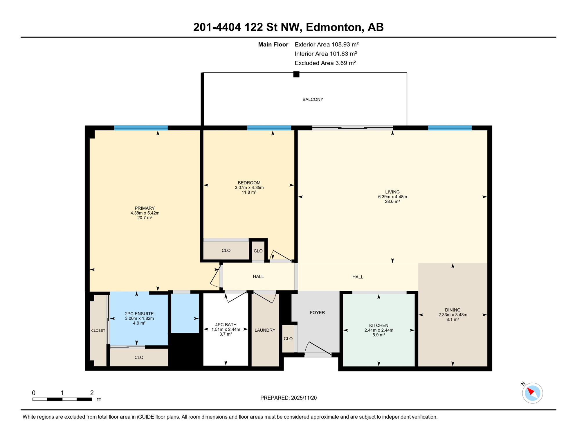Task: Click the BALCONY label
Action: coord(313,99)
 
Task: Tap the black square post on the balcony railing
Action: coord(296,74)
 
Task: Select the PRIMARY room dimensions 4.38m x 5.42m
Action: coord(145,213)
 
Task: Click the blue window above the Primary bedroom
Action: coord(141,128)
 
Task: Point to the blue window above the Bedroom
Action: coord(269,128)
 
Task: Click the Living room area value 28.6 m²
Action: coord(392,202)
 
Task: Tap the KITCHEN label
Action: coord(378,325)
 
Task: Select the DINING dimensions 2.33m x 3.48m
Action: coord(452,315)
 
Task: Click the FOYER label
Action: coord(317,312)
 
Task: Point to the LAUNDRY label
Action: coord(265,330)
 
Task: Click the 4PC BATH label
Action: coord(226,325)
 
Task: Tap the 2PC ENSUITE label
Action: coord(139,314)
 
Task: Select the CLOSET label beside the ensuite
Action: coord(98,330)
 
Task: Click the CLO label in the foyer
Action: coord(288,339)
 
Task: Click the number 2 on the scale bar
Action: coord(92,393)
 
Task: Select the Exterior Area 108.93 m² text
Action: coord(327,44)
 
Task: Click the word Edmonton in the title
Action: coord(333,27)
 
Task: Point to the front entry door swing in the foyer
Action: coord(318,349)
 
